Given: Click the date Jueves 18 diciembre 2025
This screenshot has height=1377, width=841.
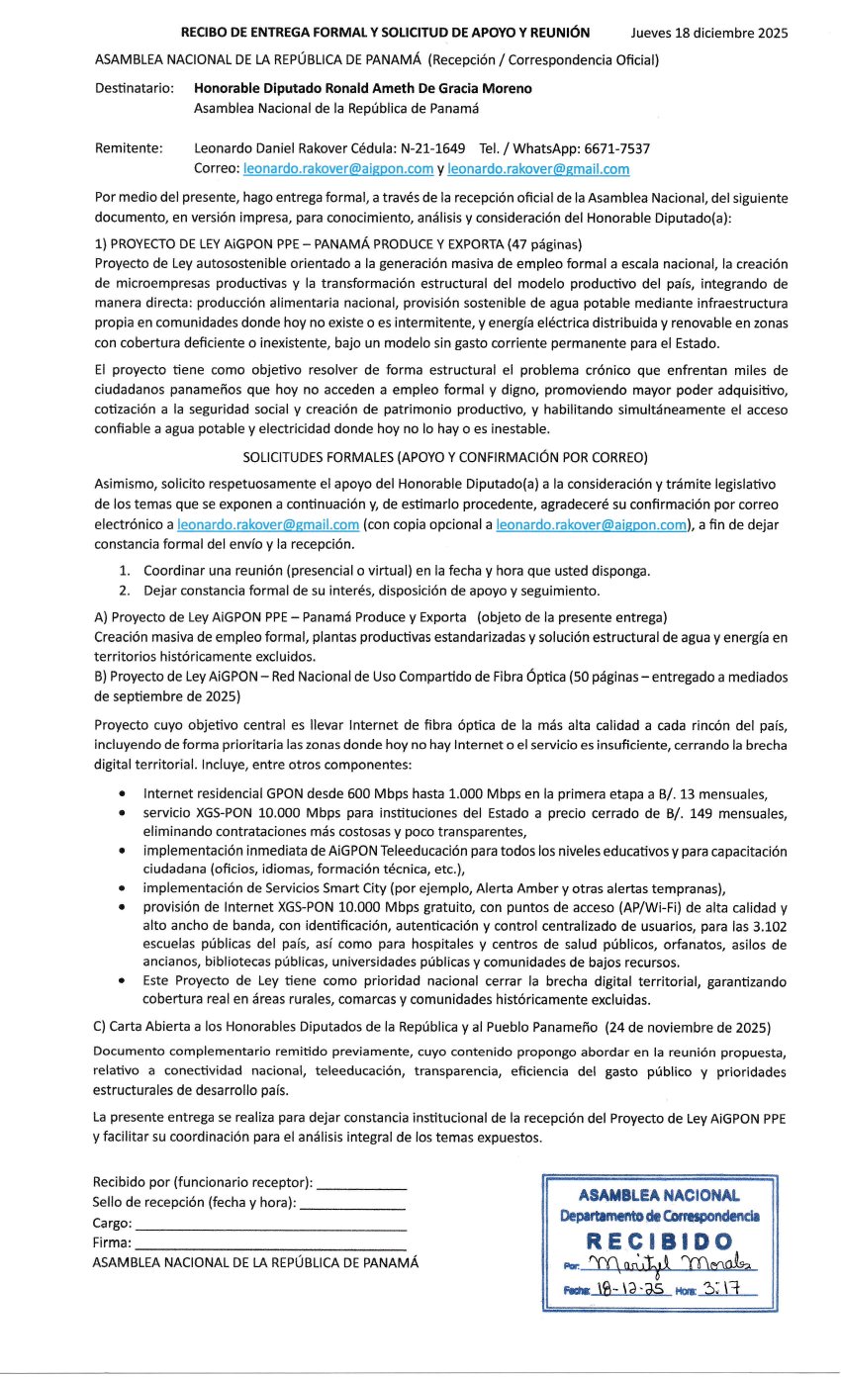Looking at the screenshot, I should click(708, 33).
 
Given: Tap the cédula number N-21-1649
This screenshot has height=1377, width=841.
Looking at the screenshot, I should click(423, 148).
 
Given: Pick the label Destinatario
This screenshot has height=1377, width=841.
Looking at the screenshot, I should click(134, 88).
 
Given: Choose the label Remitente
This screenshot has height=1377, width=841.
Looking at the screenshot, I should click(129, 148).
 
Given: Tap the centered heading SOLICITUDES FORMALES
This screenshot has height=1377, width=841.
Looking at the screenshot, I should click(441, 457).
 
